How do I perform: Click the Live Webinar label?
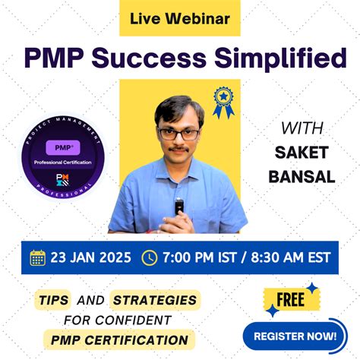point(179,17)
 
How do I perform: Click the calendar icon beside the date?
point(37,257)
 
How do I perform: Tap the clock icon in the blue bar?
point(149,257)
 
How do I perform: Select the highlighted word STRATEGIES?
point(154,301)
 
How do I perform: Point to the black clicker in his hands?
point(179,205)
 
